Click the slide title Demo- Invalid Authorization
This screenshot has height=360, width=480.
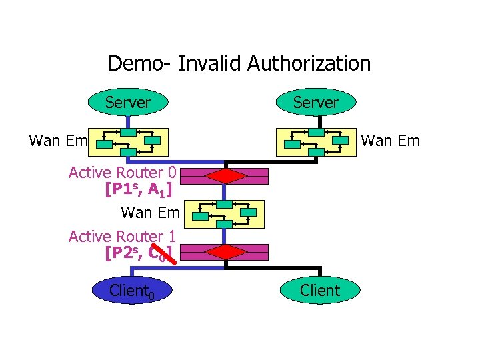pos(239,63)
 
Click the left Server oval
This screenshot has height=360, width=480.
pos(127,103)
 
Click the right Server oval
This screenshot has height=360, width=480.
pos(316,103)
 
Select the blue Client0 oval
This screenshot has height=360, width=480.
pos(132,290)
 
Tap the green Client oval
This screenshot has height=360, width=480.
pos(320,290)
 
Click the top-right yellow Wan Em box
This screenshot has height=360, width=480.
pos(316,141)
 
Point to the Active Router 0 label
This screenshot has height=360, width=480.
pos(122,173)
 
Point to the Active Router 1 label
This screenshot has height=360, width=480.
pos(122,236)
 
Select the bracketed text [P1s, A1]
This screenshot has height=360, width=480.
pos(138,190)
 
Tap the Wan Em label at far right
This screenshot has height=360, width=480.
pos(390,140)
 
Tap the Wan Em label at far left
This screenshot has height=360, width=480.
pos(59,140)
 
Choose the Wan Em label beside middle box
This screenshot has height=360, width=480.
pos(150,213)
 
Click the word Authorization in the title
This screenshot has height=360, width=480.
pos(309,63)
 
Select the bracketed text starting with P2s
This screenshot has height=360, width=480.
pos(138,253)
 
